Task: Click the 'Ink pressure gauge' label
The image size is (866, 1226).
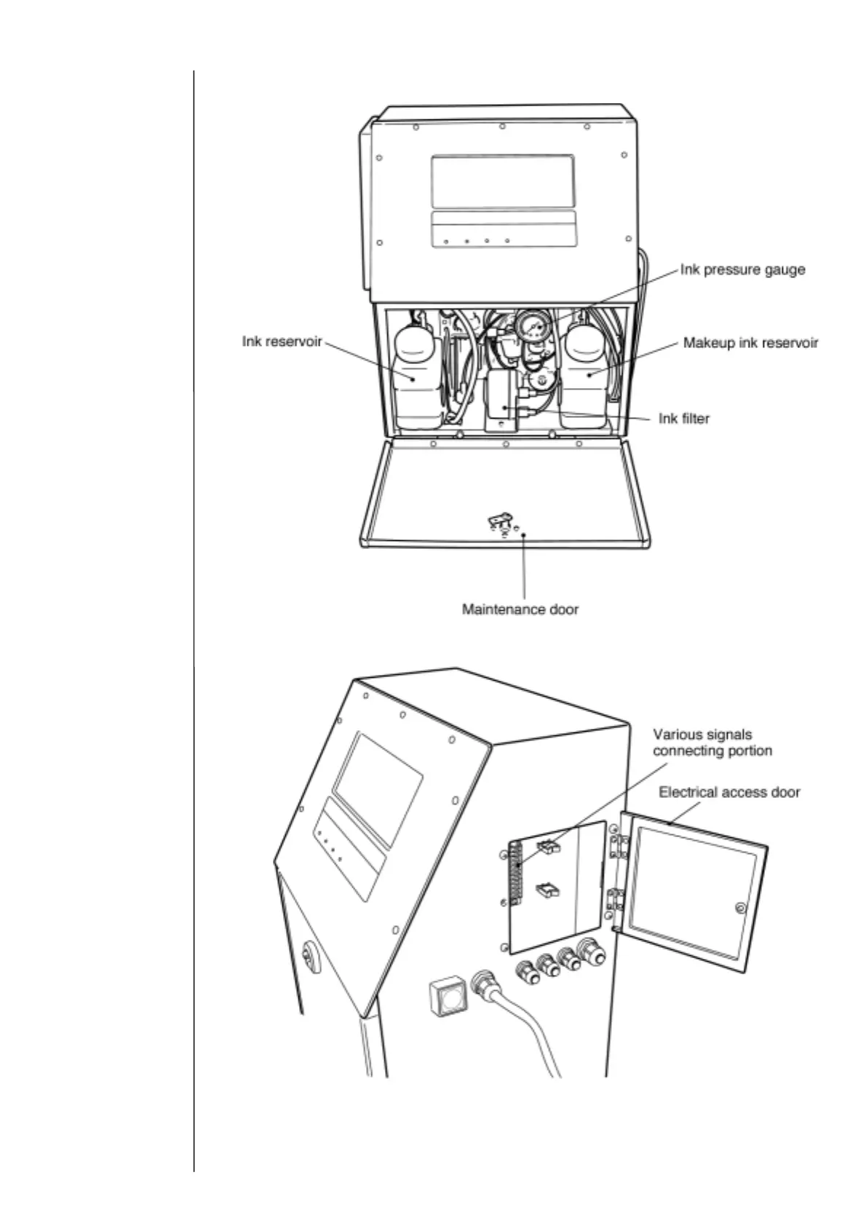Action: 742,269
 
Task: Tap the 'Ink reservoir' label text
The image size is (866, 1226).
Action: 282,341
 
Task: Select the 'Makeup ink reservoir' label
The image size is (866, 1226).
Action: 750,342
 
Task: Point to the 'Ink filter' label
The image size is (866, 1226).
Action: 683,419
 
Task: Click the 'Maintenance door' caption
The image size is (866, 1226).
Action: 520,609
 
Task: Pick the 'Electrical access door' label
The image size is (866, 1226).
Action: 729,792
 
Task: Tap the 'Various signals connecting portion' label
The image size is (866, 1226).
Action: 712,743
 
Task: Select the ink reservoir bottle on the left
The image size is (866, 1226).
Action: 416,379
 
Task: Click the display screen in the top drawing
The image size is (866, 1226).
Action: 502,181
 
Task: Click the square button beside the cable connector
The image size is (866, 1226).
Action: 448,995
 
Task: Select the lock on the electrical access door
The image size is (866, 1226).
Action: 740,908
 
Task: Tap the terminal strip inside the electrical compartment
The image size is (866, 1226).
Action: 517,874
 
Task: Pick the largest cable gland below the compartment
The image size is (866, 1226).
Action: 589,952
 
